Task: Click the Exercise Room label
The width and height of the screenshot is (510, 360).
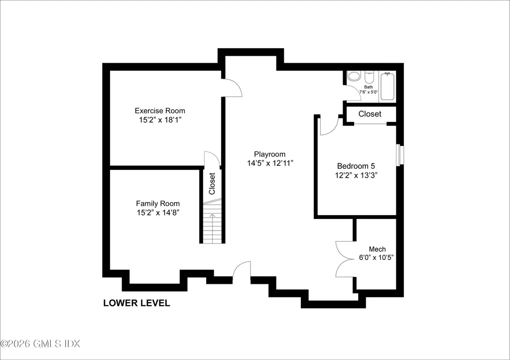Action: point(160,111)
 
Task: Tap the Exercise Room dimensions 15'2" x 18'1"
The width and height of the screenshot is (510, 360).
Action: point(160,120)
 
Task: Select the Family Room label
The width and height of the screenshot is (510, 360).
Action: point(158,203)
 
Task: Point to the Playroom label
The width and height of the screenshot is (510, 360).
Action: point(270,154)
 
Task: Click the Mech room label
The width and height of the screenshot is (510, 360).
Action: point(377,249)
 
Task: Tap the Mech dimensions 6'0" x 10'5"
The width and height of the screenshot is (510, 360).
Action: point(377,258)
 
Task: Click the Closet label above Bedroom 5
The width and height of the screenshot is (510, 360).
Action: point(370,114)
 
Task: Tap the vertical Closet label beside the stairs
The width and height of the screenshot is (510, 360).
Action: point(212,183)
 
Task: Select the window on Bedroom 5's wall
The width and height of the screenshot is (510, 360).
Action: point(398,155)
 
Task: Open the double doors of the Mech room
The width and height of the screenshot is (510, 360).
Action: point(345,259)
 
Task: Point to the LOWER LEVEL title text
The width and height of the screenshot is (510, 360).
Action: point(136,303)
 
